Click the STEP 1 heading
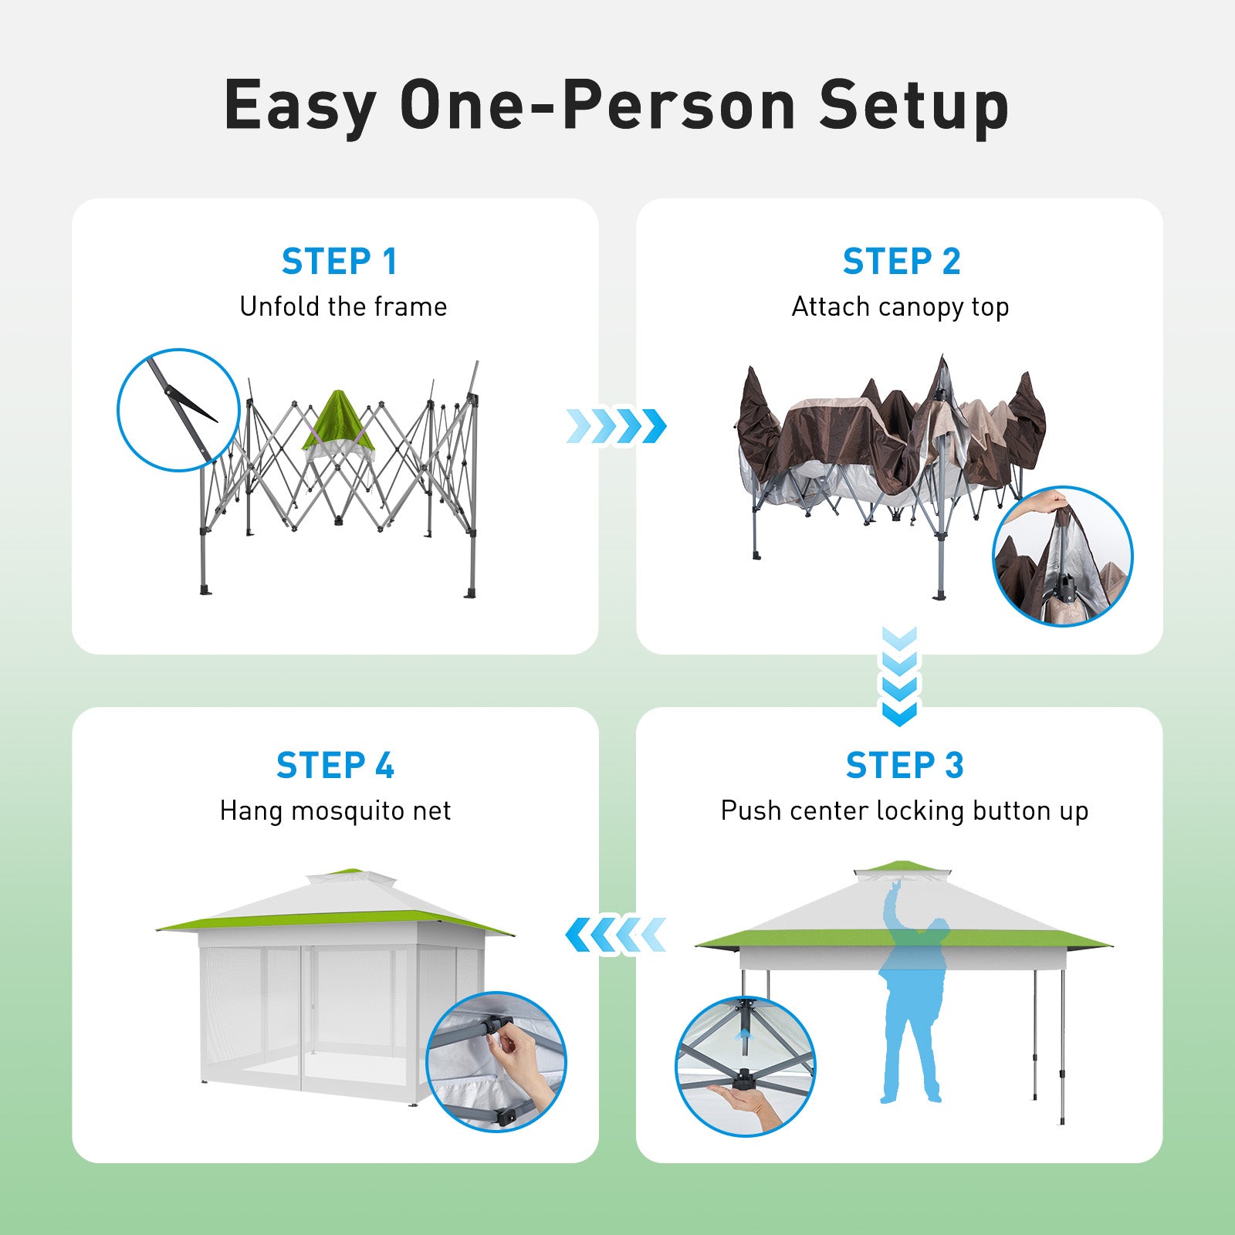click(x=340, y=262)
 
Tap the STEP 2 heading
click(x=902, y=262)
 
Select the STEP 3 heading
click(x=905, y=766)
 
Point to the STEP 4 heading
click(x=335, y=766)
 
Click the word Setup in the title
click(x=914, y=107)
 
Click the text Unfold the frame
click(x=343, y=307)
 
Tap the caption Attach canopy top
click(x=900, y=308)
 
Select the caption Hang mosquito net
click(x=335, y=811)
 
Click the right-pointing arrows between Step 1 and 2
click(x=616, y=426)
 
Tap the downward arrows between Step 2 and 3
click(x=899, y=676)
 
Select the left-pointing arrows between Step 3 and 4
click(x=616, y=935)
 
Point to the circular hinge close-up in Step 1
click(x=178, y=410)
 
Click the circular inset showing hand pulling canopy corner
click(x=1062, y=556)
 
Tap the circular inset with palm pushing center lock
click(x=745, y=1066)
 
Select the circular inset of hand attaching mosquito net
click(x=496, y=1061)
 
